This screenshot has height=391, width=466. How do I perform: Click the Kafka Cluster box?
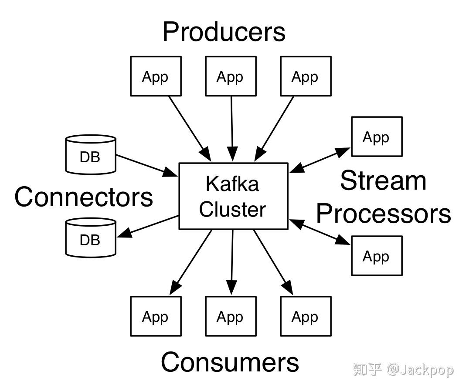233,196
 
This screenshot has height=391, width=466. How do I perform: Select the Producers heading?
224,32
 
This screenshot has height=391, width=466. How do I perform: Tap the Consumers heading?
230,362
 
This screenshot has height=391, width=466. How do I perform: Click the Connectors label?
84,197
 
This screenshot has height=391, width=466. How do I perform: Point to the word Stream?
383,181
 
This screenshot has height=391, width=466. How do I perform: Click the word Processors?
383,214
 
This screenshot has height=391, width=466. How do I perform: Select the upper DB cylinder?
90,154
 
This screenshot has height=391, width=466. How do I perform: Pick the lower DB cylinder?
90,237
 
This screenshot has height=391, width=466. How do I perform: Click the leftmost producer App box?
156,76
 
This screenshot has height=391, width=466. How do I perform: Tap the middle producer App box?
231,76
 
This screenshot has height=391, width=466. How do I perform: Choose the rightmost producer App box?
306,76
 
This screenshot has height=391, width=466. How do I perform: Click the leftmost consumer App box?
156,316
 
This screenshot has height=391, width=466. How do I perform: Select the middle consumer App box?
231,316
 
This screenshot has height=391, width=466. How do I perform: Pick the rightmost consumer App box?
306,316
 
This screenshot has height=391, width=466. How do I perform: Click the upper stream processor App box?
377,137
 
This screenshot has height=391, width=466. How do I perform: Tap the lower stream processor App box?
377,256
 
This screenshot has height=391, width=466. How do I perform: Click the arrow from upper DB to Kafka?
146,166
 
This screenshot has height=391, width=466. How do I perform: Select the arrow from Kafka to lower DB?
148,226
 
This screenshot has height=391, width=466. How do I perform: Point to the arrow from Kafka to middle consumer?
232,261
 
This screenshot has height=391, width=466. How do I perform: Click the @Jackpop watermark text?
420,370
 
